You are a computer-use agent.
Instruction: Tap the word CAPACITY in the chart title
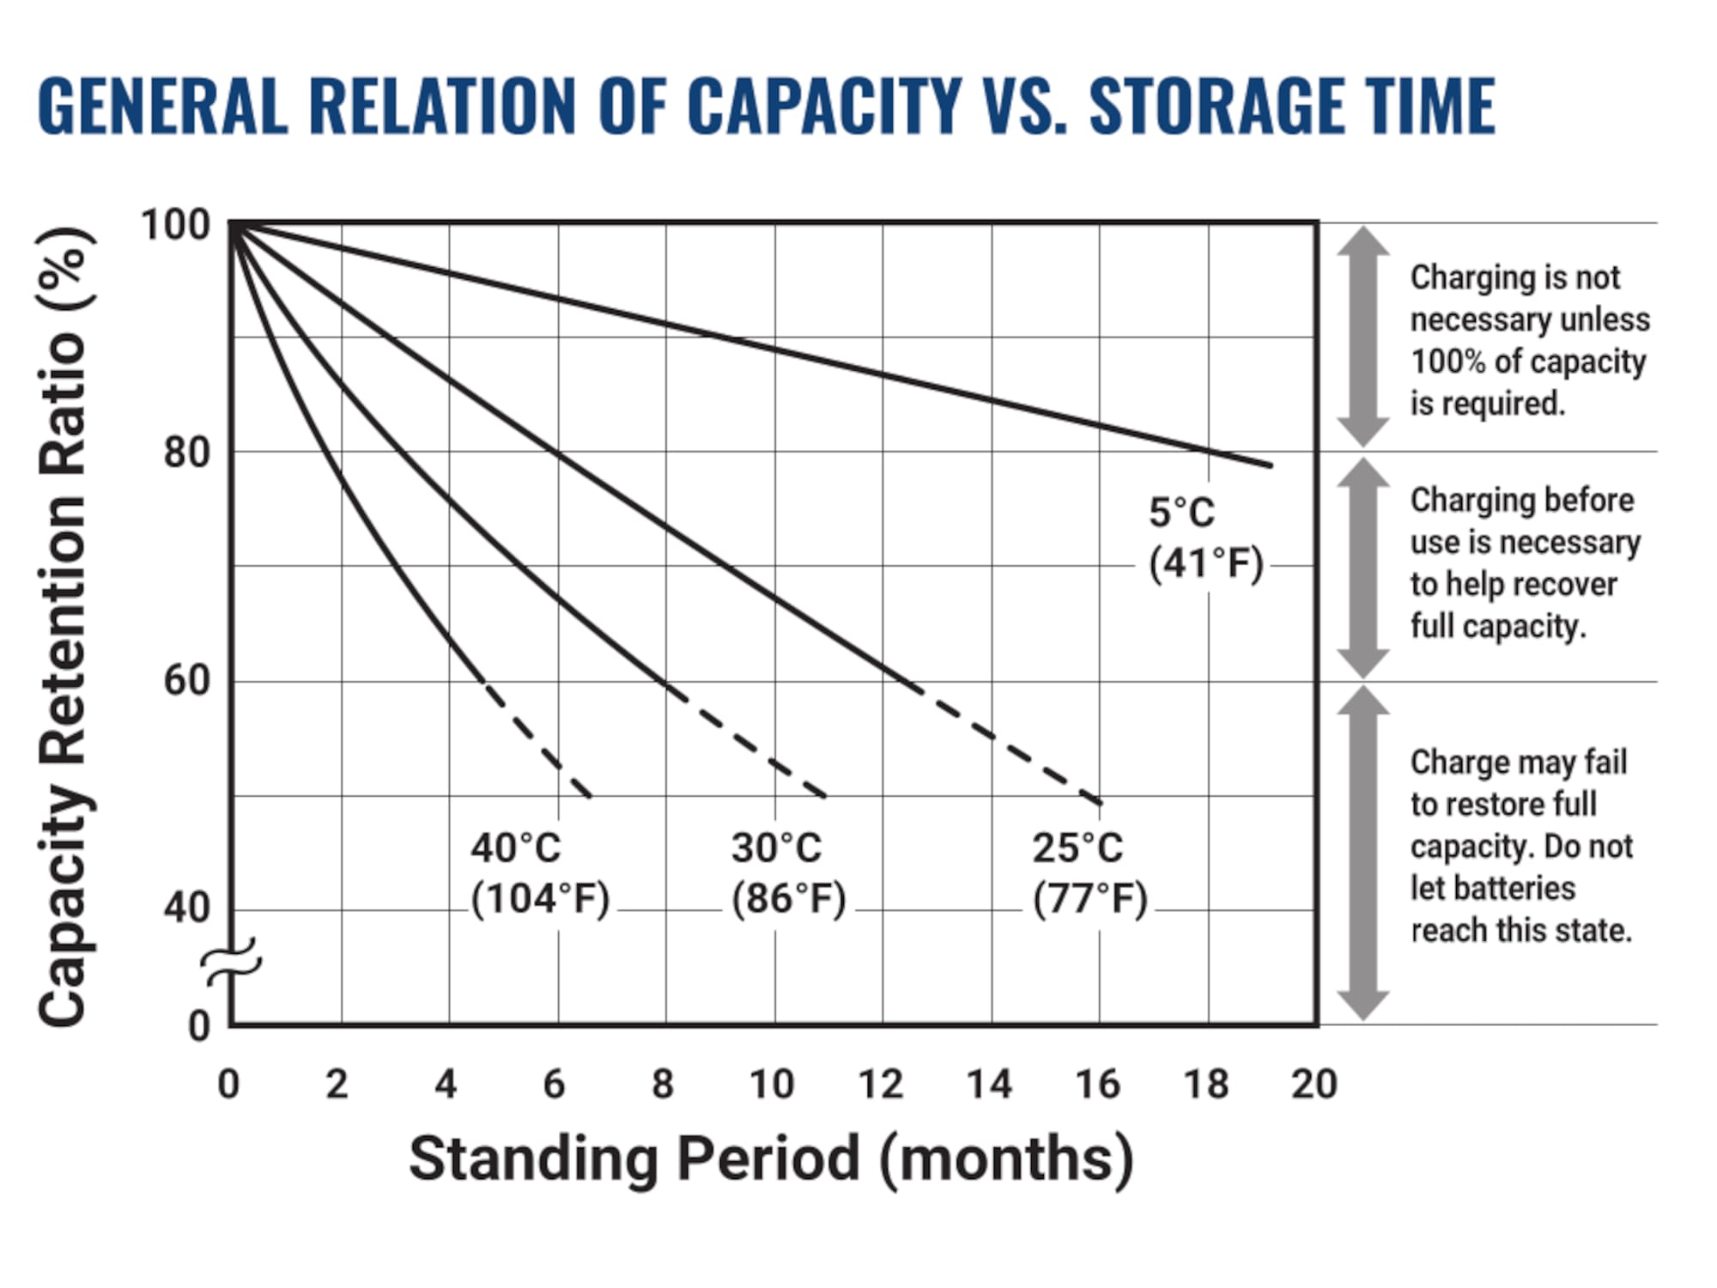[x=823, y=106]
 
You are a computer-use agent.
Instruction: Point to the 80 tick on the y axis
[x=187, y=453]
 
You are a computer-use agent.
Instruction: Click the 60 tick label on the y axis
[x=187, y=681]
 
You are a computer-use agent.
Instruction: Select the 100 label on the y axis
[x=175, y=226]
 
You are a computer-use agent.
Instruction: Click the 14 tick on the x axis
[x=990, y=1084]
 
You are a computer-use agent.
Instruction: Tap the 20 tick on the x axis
[x=1314, y=1084]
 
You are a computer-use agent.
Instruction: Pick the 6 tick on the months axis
[x=555, y=1084]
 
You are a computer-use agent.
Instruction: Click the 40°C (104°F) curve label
[x=540, y=873]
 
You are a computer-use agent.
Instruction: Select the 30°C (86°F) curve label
[x=788, y=873]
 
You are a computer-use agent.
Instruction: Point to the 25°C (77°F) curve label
[x=1089, y=873]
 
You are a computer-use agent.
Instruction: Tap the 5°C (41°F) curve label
[x=1205, y=538]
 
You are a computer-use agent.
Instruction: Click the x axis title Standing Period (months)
[x=771, y=1159]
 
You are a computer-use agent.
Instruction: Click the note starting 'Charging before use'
[x=1525, y=563]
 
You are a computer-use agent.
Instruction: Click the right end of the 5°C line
[x=1269, y=465]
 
